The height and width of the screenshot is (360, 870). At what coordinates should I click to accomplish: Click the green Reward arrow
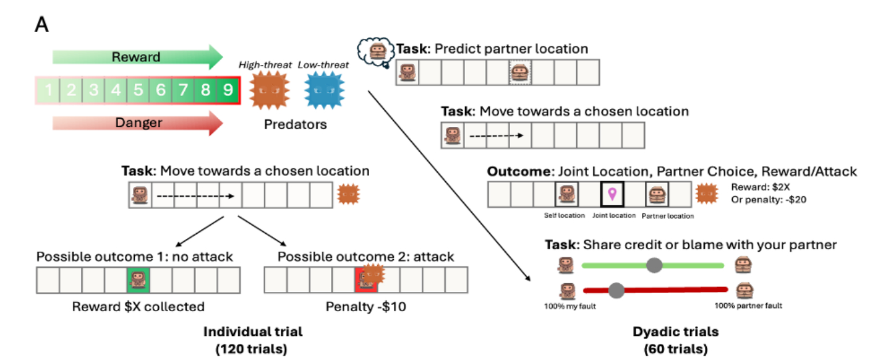click(x=137, y=57)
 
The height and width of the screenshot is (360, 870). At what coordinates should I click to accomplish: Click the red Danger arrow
click(x=137, y=123)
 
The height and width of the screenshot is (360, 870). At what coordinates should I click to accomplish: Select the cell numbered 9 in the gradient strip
click(x=228, y=90)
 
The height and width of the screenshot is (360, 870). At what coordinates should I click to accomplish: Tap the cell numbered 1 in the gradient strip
click(x=48, y=90)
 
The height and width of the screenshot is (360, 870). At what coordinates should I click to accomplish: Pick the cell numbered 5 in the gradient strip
click(x=138, y=90)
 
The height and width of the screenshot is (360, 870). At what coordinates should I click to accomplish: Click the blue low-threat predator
click(x=325, y=90)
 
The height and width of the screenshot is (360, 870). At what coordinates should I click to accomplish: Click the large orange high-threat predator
click(x=270, y=90)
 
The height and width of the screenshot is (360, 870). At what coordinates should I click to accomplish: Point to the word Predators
click(x=296, y=124)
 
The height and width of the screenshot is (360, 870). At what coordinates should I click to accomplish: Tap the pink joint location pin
click(x=612, y=194)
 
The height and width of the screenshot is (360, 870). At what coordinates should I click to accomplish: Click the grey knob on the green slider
click(x=654, y=265)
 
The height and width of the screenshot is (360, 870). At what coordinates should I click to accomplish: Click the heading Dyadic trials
click(x=675, y=332)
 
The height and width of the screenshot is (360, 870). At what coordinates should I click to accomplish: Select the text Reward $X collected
click(x=138, y=306)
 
